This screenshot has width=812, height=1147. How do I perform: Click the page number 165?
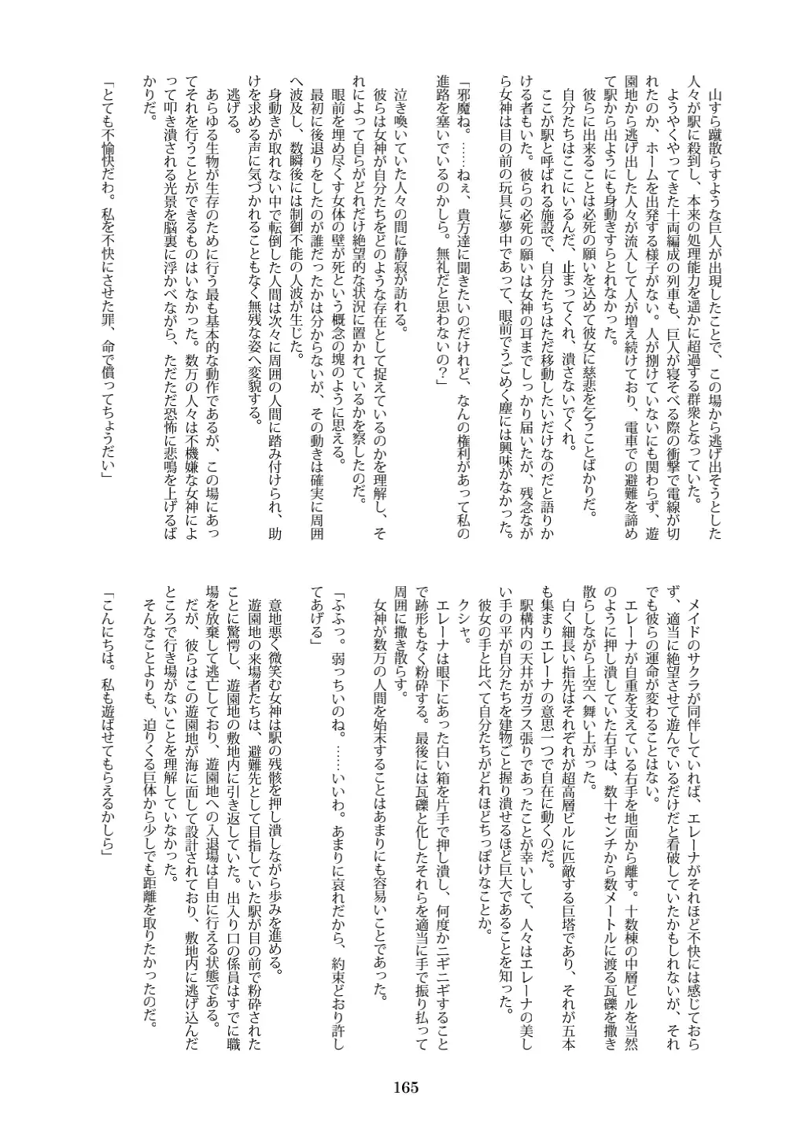[405, 1087]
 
